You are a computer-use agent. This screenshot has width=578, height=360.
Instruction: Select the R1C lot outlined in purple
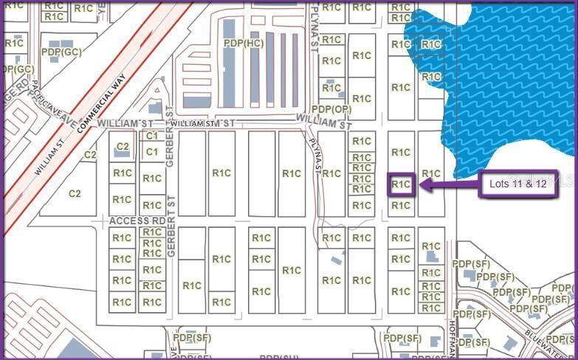pyautogui.click(x=401, y=184)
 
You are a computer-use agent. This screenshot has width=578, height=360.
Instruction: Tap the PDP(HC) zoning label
pyautogui.click(x=244, y=44)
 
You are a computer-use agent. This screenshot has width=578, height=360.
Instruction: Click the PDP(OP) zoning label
pyautogui.click(x=331, y=109)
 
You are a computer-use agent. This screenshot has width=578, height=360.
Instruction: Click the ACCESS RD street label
pyautogui.click(x=137, y=221)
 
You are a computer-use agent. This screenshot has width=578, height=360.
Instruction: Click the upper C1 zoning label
pyautogui.click(x=152, y=136)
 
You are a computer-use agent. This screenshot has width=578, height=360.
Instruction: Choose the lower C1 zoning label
pyautogui.click(x=152, y=152)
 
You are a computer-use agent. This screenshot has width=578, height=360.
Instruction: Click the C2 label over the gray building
pyautogui.click(x=123, y=147)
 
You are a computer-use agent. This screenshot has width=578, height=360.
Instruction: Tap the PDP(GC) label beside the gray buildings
pyautogui.click(x=61, y=52)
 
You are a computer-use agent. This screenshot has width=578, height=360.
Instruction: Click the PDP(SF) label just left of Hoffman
pyautogui.click(x=402, y=338)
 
